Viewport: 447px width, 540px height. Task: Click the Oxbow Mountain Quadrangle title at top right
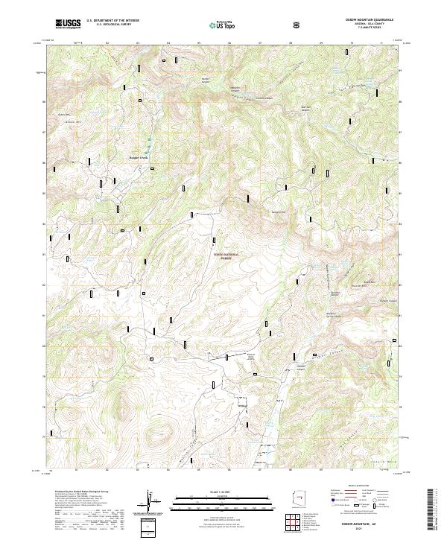click(x=365, y=19)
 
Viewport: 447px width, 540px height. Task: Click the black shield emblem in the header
click(x=298, y=24)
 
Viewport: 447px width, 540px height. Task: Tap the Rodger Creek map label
click(x=146, y=158)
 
